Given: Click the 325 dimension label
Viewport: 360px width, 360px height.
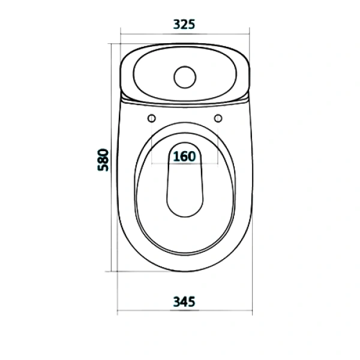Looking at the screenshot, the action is [184, 25].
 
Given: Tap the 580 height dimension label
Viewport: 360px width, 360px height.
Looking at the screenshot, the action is [103, 160].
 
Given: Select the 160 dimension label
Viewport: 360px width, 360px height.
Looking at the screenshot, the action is [184, 157].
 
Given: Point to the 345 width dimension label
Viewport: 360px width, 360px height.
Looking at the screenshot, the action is [184, 302].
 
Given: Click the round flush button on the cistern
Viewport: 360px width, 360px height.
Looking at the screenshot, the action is [185, 77].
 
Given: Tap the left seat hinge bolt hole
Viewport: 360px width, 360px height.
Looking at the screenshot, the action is [152, 118].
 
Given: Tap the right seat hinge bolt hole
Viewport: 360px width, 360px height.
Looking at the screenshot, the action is [218, 118].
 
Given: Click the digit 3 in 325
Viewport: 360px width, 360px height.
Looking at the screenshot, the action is [177, 25].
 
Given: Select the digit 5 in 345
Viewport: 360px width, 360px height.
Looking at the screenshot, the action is [191, 302].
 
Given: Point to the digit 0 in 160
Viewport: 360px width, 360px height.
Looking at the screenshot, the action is [192, 157].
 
